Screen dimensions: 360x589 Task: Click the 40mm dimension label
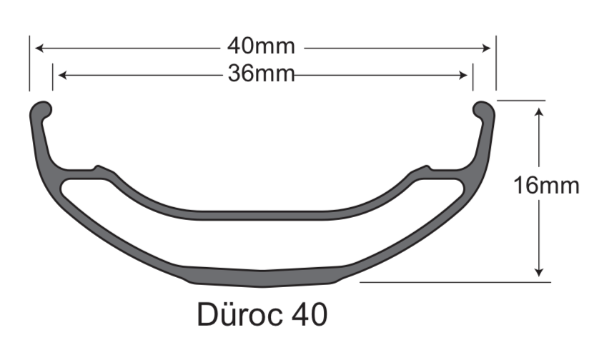tap(261, 46)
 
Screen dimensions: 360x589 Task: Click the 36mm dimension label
tap(261, 73)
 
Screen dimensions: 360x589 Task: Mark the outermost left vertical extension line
tap(30, 64)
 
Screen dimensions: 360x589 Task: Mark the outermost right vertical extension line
tap(496, 64)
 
